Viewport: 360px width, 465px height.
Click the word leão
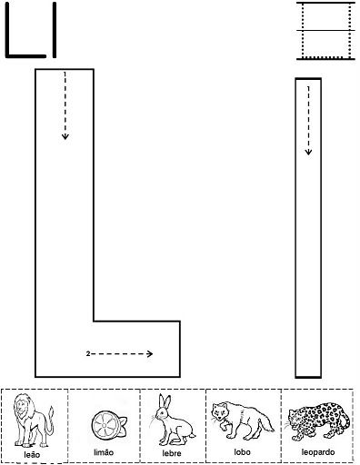(32, 454)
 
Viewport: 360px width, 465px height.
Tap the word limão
(104, 452)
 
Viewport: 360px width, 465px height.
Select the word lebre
(172, 453)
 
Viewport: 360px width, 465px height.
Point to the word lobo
(242, 452)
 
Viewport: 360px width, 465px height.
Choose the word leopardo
(318, 452)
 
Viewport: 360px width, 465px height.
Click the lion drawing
(33, 420)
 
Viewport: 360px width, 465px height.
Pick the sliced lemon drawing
(109, 424)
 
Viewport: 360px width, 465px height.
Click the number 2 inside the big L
(88, 353)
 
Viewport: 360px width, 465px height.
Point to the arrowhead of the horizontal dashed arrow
(150, 353)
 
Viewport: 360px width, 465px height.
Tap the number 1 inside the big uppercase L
(65, 74)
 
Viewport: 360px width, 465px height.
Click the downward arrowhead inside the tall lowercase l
(308, 152)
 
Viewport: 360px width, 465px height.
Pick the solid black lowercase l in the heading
(55, 30)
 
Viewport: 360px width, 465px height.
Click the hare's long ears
(165, 401)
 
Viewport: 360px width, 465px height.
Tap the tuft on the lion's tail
(51, 411)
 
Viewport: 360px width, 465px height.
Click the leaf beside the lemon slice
(123, 421)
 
